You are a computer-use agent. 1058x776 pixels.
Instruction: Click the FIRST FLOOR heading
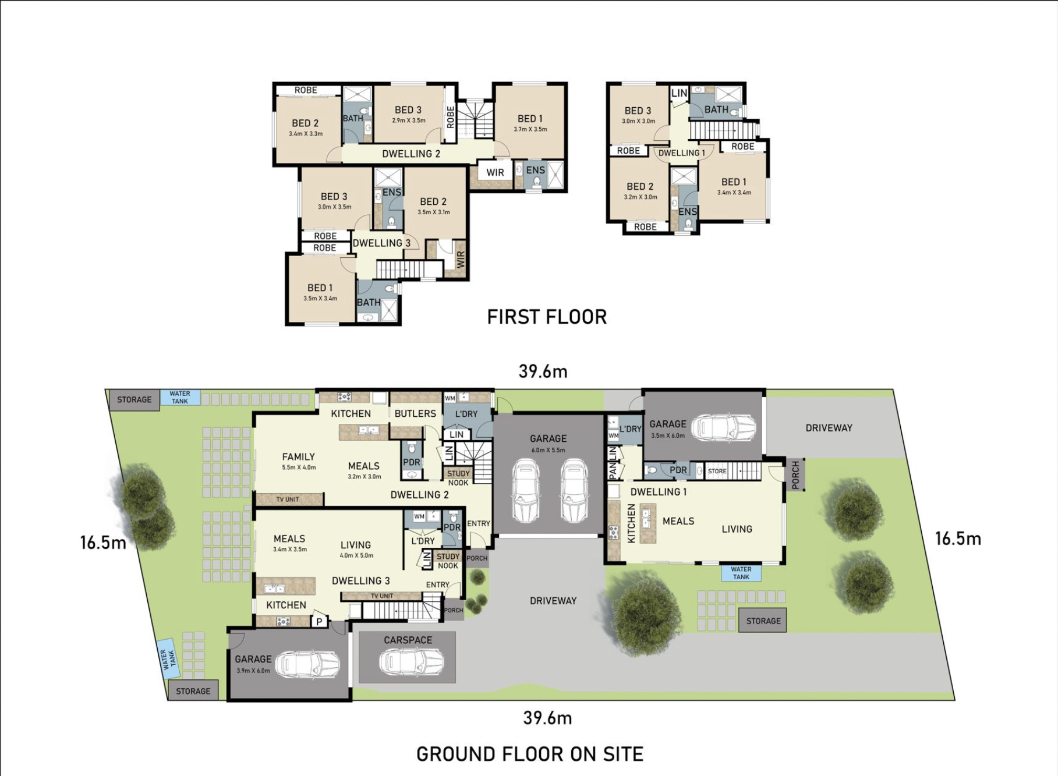coord(547,317)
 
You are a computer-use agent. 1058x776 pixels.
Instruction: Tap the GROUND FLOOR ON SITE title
coord(529,754)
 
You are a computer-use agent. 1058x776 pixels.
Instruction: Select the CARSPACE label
coord(408,640)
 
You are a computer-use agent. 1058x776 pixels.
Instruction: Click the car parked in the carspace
coord(411,662)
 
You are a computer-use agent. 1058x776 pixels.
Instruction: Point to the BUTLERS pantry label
coord(415,413)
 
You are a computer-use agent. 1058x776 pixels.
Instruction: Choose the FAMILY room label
coord(298,457)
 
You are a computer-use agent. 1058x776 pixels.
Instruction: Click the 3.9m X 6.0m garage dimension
coord(253,671)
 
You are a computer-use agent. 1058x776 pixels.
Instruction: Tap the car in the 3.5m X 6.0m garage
coord(727,428)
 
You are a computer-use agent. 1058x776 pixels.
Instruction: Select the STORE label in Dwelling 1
coord(717,471)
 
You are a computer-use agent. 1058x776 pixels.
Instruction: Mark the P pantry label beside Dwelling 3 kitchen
coord(319,622)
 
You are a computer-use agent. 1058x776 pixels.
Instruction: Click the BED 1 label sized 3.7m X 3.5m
coord(529,119)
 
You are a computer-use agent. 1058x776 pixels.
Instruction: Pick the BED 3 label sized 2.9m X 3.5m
coord(408,110)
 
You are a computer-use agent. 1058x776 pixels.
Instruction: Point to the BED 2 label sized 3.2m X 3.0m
coord(639,187)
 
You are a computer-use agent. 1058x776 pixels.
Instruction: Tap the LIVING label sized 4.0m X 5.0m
coord(355,545)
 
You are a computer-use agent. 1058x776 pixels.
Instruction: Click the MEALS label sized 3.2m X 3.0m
coord(363,466)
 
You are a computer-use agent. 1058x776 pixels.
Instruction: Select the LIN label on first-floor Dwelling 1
coord(679,93)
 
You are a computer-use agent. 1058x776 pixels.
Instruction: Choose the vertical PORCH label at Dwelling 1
coord(795,474)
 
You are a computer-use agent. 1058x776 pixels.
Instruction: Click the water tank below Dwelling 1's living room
coord(741,573)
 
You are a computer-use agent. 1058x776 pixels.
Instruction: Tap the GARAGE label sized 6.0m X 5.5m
coord(547,438)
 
